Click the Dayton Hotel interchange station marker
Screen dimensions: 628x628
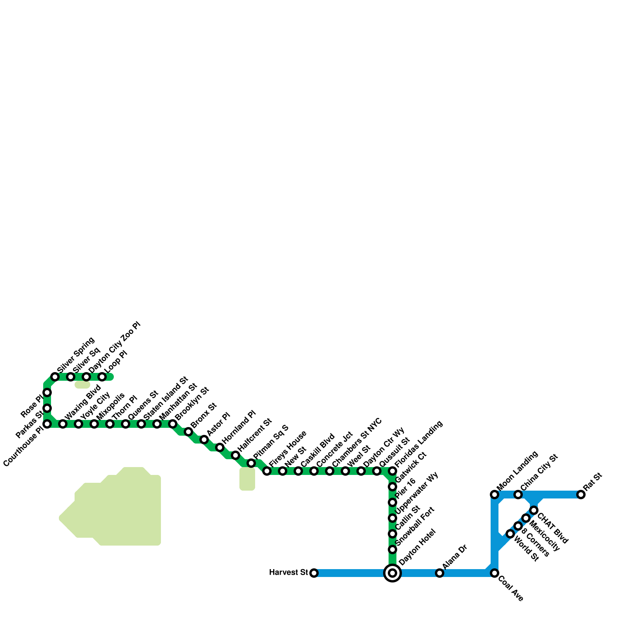coord(392,573)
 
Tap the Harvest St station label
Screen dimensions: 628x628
coord(288,573)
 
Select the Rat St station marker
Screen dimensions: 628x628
coord(581,495)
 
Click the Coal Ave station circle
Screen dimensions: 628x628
coord(495,573)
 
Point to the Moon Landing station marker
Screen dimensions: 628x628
coord(495,495)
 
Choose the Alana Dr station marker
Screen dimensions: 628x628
coord(440,573)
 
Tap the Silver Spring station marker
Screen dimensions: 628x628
coord(55,377)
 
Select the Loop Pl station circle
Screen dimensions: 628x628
coord(102,377)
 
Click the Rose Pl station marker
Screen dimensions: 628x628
coord(47,392)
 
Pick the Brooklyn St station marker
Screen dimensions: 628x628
coord(173,424)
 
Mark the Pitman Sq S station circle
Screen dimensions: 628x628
coord(251,463)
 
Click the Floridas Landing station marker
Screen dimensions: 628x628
coord(392,471)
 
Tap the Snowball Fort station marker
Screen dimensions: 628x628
coord(392,549)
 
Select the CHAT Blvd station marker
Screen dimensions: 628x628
coord(534,510)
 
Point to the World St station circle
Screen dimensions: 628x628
coord(510,534)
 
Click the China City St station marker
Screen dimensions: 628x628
coord(518,495)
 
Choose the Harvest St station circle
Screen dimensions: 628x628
coord(314,573)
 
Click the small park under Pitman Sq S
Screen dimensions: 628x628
coord(247,479)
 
